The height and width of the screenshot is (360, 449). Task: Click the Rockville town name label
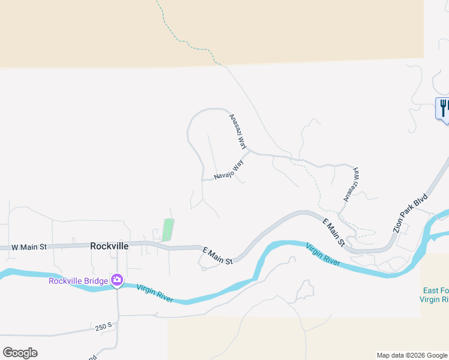click(110, 246)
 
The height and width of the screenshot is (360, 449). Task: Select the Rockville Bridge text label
click(79, 280)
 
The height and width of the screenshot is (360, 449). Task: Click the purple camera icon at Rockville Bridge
click(116, 280)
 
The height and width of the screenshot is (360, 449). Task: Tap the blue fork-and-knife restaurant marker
click(443, 108)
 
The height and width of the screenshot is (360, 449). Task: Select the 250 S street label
click(103, 327)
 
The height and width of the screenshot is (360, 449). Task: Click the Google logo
click(20, 353)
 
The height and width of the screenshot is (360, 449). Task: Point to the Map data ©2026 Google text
click(412, 355)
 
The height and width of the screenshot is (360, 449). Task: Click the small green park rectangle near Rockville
click(168, 229)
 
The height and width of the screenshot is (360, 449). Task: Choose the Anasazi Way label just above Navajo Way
click(238, 131)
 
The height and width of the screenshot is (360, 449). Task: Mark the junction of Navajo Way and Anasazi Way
click(249, 151)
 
